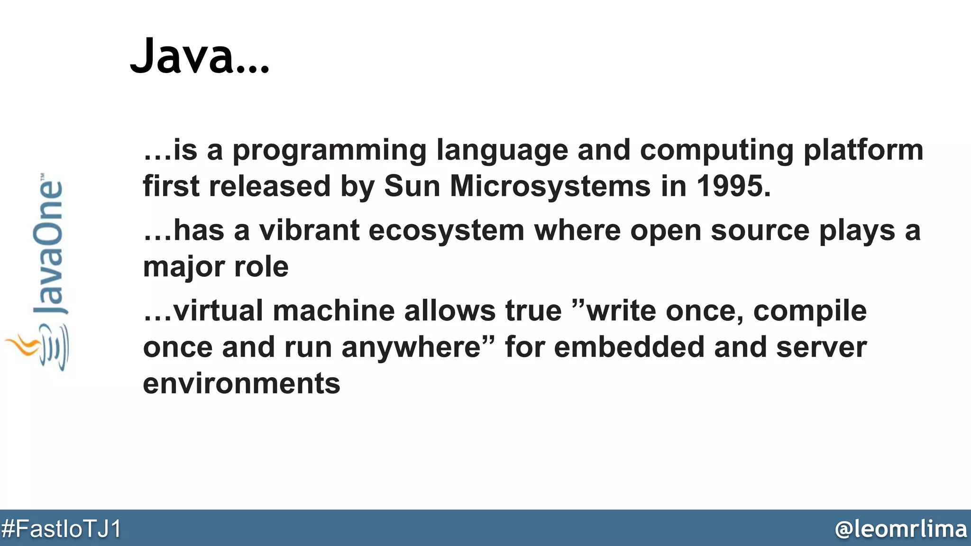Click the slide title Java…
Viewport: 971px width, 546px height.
tap(199, 56)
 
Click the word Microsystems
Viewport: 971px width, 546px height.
tap(550, 186)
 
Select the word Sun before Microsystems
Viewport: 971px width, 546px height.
tap(412, 186)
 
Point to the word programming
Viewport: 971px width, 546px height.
tap(329, 151)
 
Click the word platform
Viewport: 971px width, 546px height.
tap(863, 151)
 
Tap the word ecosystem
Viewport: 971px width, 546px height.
tap(446, 231)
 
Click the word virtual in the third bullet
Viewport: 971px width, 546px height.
tap(218, 311)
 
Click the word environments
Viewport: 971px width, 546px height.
tap(241, 383)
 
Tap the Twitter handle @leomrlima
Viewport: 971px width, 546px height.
tap(900, 528)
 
